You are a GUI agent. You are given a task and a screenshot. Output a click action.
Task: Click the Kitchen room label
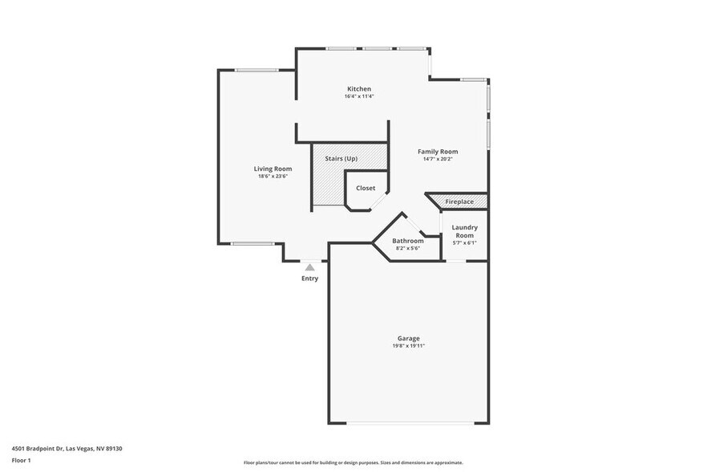tap(358, 88)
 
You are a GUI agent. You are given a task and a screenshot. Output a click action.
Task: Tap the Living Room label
tap(273, 169)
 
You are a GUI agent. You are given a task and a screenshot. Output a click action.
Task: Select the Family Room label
tap(438, 151)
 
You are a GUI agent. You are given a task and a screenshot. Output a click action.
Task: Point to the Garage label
tap(408, 338)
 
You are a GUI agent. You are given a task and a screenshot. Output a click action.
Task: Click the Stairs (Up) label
tap(341, 158)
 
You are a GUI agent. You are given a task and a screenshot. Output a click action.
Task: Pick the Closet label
tap(366, 188)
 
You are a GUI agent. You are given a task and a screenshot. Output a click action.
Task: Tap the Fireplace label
tap(459, 201)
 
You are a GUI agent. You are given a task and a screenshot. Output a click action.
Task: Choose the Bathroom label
tap(407, 241)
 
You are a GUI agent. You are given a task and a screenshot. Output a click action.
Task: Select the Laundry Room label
tap(464, 231)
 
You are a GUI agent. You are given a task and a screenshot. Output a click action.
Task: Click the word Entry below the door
tap(309, 279)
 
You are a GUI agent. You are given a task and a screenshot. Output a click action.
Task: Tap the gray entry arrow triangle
tap(309, 267)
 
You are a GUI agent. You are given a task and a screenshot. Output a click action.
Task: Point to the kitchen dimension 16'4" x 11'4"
tap(358, 96)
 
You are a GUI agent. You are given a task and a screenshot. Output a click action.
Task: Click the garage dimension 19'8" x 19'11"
tap(408, 346)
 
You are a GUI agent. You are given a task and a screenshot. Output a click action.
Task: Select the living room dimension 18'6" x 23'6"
tap(273, 177)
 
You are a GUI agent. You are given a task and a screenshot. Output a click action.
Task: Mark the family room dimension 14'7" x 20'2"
tap(438, 159)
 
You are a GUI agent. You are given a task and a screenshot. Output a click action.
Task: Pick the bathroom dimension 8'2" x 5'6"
tap(407, 248)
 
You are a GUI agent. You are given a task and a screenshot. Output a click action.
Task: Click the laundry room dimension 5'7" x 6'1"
tap(464, 242)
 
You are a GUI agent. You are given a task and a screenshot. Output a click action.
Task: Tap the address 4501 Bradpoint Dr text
tap(67, 449)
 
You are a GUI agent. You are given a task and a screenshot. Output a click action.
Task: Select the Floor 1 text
tap(22, 460)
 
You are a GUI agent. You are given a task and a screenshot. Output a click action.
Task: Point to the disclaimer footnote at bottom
tap(353, 463)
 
